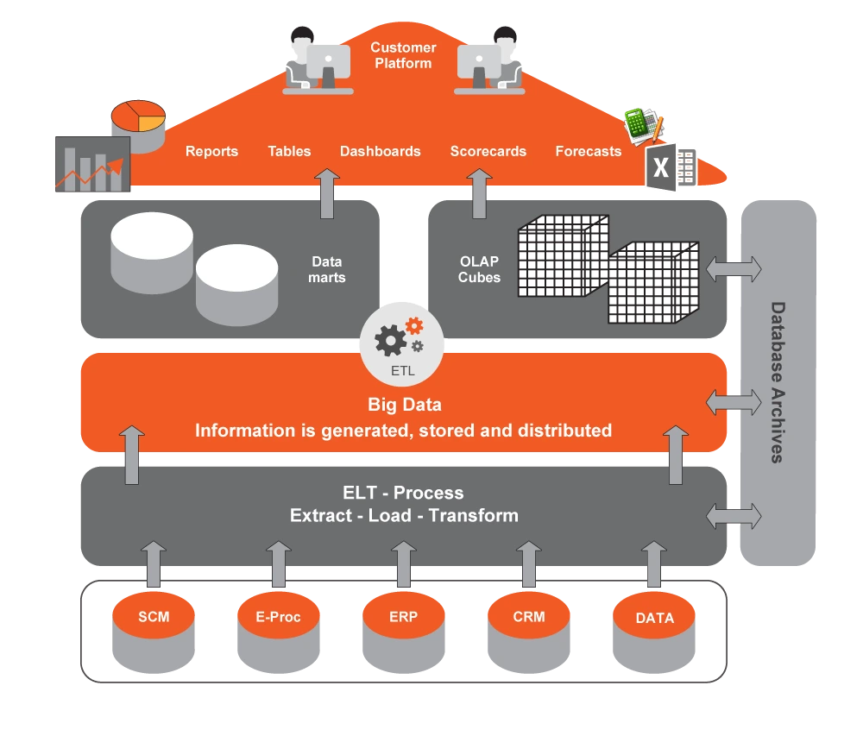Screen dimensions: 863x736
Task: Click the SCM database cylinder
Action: [x=154, y=632]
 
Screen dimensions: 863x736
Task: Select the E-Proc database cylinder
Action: [x=279, y=632]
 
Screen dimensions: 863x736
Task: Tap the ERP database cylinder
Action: [x=403, y=632]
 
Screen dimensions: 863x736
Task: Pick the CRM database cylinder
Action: [x=528, y=632]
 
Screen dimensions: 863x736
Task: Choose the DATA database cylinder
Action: [x=654, y=632]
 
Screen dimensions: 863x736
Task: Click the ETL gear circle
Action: [x=402, y=344]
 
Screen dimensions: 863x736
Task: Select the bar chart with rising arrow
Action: [x=93, y=164]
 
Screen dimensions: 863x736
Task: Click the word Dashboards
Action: [x=381, y=151]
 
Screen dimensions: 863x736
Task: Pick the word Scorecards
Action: [x=488, y=151]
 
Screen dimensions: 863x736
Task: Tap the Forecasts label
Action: [x=589, y=151]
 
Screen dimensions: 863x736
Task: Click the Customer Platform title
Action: [x=403, y=55]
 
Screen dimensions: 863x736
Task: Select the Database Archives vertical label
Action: [x=778, y=382]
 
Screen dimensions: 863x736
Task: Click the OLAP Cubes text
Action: [x=479, y=269]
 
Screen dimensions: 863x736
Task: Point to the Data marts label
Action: [x=327, y=269]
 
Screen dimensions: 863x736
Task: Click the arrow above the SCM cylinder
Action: [x=154, y=563]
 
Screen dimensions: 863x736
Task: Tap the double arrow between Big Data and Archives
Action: [x=734, y=403]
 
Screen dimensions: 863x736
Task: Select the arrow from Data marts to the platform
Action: [x=327, y=193]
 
